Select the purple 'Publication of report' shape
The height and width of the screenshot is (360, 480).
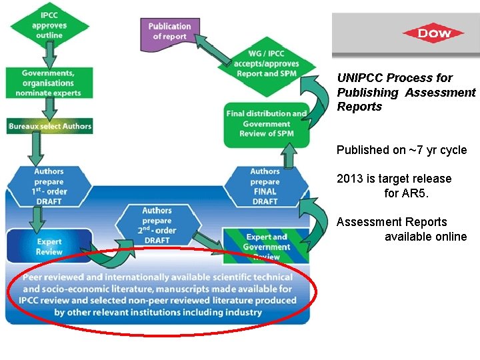169,31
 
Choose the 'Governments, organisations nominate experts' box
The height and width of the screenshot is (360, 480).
47,83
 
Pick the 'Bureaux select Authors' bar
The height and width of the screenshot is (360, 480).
50,125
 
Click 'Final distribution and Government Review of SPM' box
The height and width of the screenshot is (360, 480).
267,123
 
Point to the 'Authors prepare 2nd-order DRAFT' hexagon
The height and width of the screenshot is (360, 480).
157,225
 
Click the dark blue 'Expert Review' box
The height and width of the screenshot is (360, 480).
49,247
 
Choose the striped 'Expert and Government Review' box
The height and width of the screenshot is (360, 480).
267,246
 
